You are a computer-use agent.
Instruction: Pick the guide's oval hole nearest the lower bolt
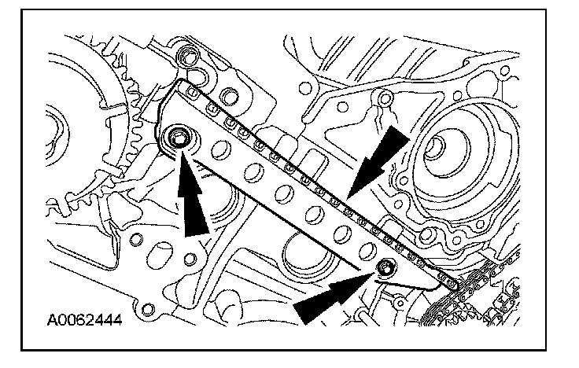click(x=363, y=249)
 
